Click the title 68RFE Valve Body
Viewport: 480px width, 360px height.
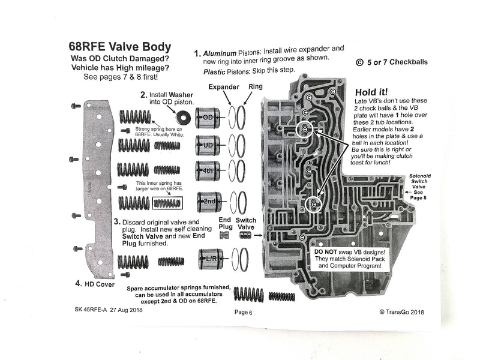click(120, 47)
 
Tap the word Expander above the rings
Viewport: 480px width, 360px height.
click(224, 87)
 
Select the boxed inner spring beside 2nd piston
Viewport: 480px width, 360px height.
click(167, 203)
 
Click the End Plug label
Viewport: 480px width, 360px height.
click(225, 224)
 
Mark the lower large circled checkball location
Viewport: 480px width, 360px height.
click(313, 206)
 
